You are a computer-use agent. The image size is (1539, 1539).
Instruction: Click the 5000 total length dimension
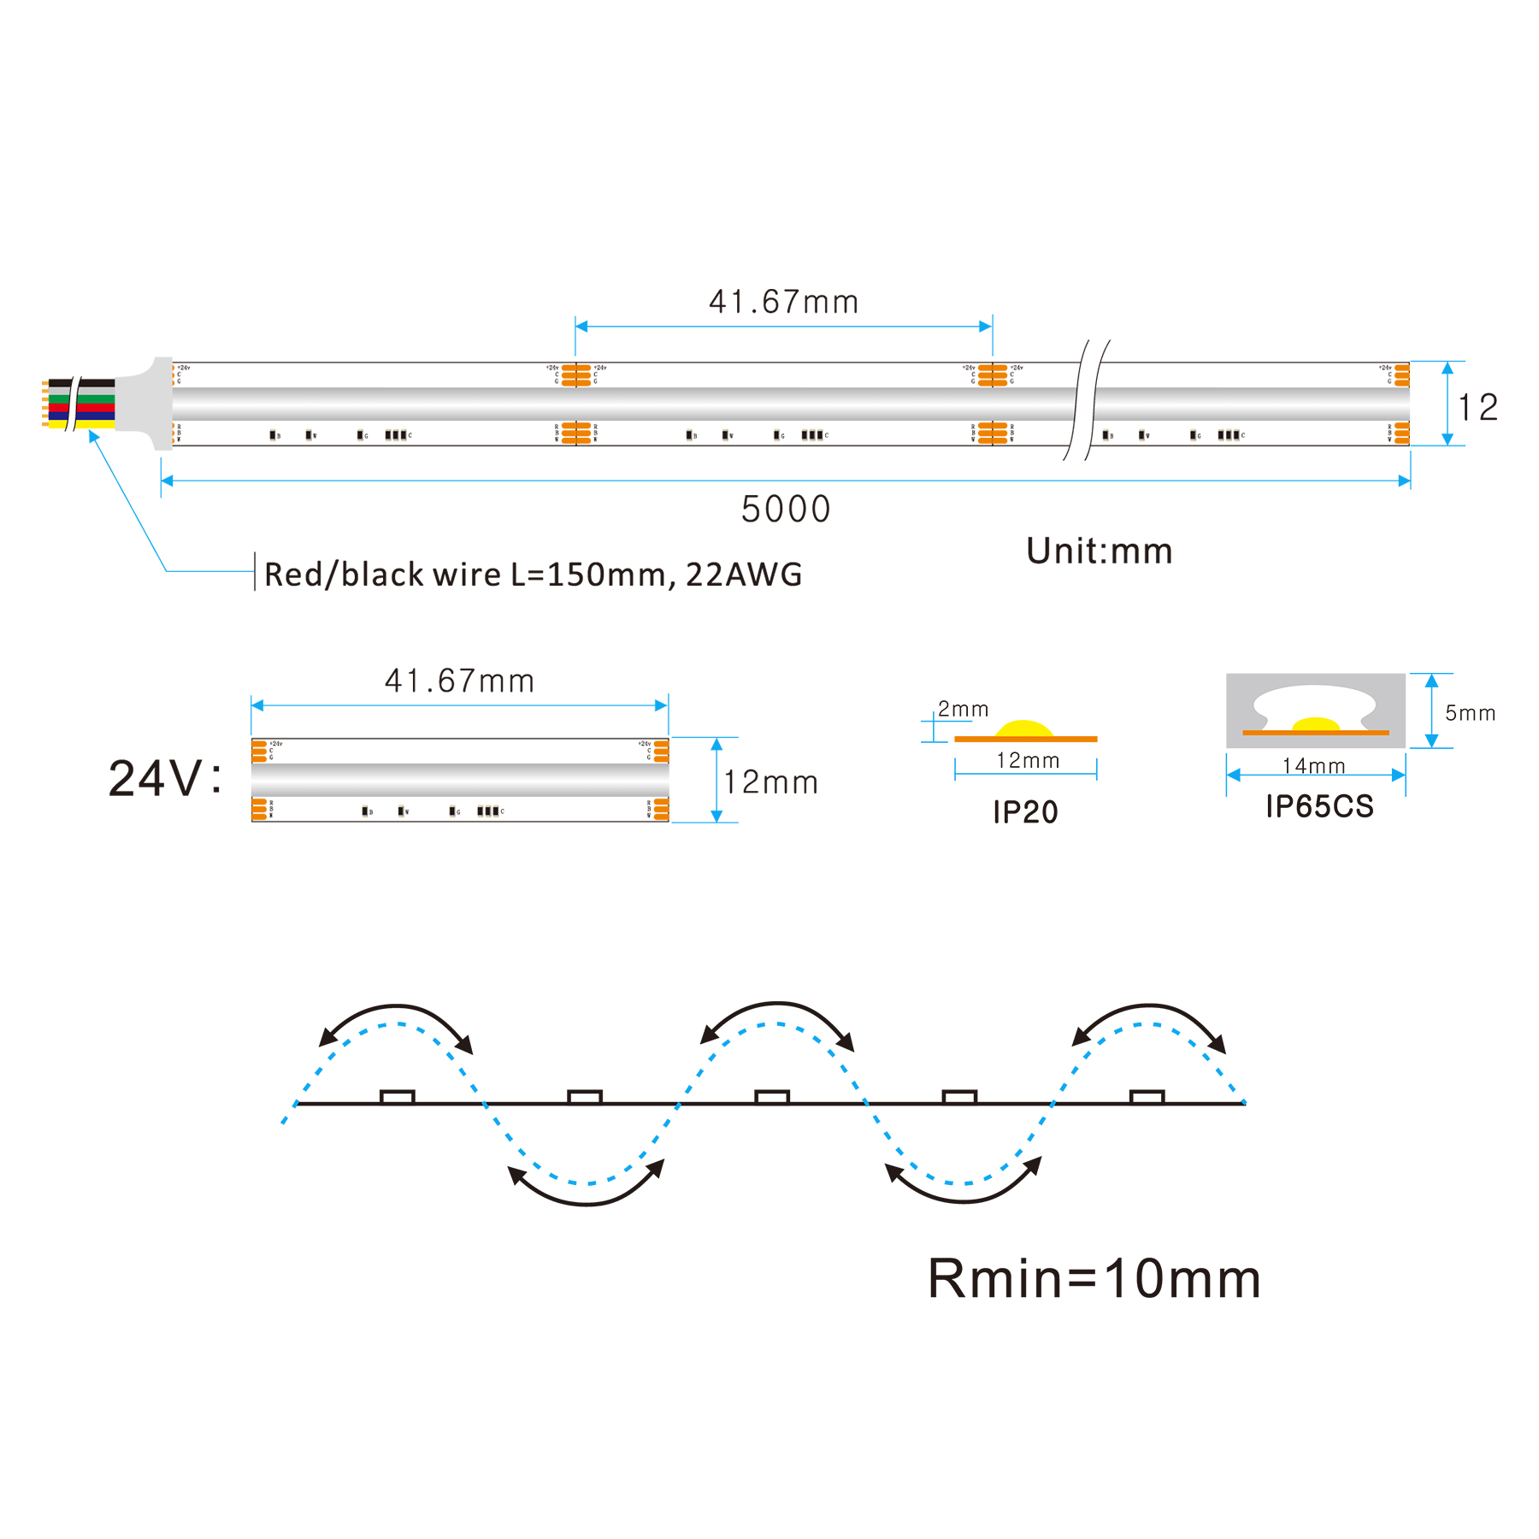pyautogui.click(x=785, y=510)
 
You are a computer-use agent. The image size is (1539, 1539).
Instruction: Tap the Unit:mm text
pyautogui.click(x=1099, y=551)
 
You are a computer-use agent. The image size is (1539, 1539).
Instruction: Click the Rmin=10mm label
pyautogui.click(x=1094, y=1279)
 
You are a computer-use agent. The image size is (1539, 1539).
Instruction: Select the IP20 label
pyautogui.click(x=1025, y=812)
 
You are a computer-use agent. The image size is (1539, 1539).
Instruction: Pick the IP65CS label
pyautogui.click(x=1319, y=806)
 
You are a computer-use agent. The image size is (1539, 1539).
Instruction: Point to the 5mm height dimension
pyautogui.click(x=1470, y=713)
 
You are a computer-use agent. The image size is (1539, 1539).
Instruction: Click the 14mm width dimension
pyautogui.click(x=1313, y=766)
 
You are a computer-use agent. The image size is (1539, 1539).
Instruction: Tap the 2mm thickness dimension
pyautogui.click(x=963, y=710)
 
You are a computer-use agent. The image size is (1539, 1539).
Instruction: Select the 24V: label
pyautogui.click(x=164, y=779)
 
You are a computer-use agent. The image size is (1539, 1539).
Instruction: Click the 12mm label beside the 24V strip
pyautogui.click(x=770, y=782)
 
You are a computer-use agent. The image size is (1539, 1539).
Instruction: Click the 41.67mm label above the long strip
pyautogui.click(x=783, y=302)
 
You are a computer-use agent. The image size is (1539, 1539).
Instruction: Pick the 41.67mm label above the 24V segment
pyautogui.click(x=459, y=681)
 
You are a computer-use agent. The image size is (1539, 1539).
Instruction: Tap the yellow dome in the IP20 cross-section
pyautogui.click(x=1024, y=729)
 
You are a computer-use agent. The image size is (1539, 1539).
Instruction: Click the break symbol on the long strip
pyautogui.click(x=1086, y=400)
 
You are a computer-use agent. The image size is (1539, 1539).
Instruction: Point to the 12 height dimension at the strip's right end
pyautogui.click(x=1477, y=408)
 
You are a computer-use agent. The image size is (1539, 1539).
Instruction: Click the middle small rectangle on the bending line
pyautogui.click(x=772, y=1096)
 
